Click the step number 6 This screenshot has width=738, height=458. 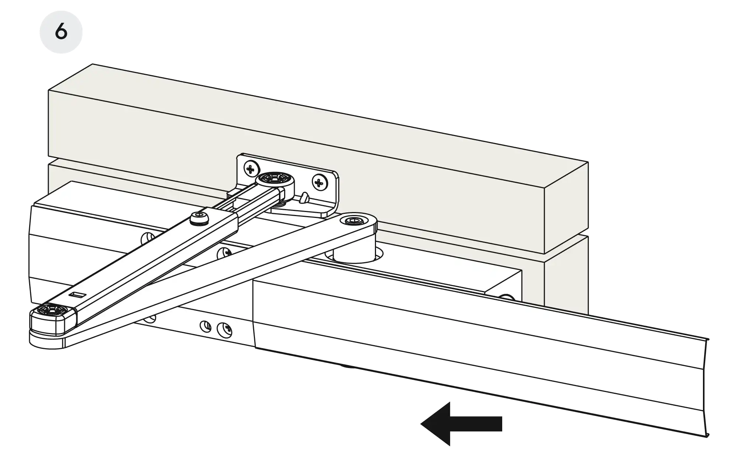coord(61,32)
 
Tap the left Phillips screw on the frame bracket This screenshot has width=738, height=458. coord(251,170)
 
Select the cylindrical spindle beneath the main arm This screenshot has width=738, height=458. coord(354,254)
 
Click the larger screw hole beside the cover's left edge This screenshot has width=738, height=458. coord(225,327)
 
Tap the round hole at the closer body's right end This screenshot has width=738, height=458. coord(508,298)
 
